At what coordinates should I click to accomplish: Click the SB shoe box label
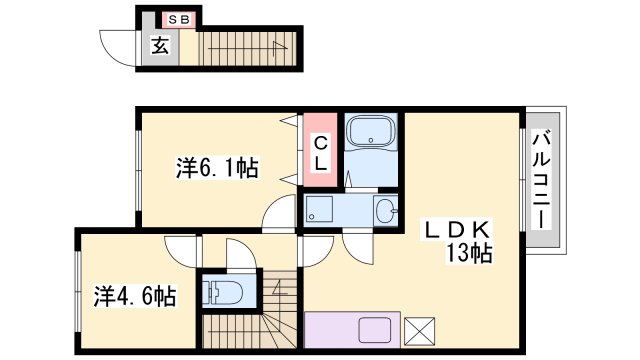tap(179, 20)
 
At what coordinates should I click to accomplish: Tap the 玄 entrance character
tap(160, 46)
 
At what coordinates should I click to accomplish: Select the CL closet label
tap(321, 153)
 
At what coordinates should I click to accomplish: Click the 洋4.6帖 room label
tap(135, 296)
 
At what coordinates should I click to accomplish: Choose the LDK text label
tap(457, 231)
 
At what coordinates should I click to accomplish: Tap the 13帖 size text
tap(469, 253)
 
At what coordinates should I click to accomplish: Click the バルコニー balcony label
tap(542, 180)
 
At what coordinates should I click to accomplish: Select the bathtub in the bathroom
tap(371, 131)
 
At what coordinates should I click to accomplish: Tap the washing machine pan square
tap(320, 209)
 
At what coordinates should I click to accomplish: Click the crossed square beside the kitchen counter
tap(419, 331)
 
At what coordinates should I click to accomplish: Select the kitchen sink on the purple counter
tap(375, 330)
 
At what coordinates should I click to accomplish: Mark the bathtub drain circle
tap(371, 140)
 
